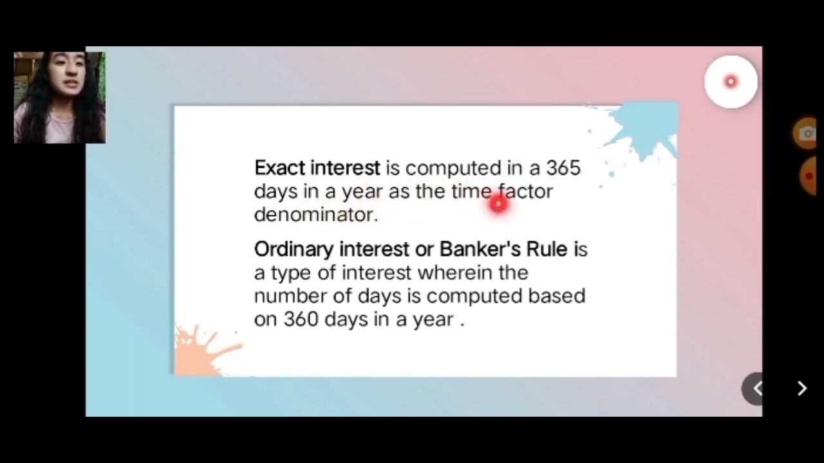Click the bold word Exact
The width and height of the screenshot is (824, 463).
pos(279,168)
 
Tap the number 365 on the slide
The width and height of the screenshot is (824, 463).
pos(563,168)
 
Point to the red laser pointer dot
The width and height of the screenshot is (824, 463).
pos(498,204)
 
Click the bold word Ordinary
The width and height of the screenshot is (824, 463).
pos(294,250)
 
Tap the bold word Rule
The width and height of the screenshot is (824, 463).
pos(547,249)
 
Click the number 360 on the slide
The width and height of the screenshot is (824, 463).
pos(301,320)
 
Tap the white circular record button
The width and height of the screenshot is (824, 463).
pos(731,82)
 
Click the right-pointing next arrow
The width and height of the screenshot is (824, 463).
pos(802,388)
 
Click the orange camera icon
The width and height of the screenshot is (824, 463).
pos(807,134)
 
